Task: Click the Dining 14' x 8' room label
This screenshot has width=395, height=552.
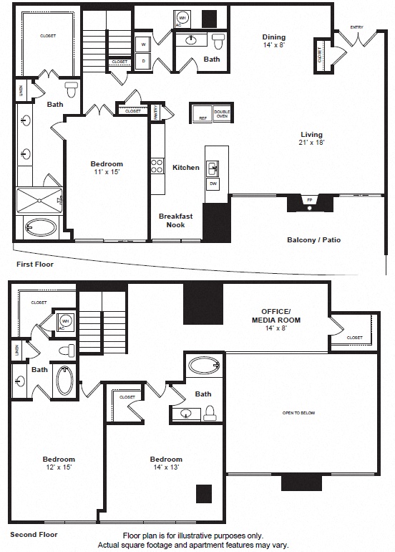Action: point(273,41)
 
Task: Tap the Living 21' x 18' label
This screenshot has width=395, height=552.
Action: point(311,138)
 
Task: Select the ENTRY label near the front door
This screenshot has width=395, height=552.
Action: point(356,27)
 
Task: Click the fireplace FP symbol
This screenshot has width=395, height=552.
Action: point(310,200)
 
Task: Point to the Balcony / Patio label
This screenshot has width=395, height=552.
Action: point(313,240)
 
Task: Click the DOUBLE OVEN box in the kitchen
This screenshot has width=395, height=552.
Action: point(222,114)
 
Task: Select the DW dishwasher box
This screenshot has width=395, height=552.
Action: point(213,184)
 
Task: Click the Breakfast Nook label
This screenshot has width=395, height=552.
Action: point(172,220)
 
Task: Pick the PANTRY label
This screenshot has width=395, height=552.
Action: point(155,110)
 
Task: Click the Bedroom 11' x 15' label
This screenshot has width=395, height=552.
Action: point(107,168)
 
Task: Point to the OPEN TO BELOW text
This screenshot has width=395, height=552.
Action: point(298,413)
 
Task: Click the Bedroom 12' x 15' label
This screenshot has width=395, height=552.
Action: point(59,463)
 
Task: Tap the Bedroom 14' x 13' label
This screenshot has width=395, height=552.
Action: point(166,463)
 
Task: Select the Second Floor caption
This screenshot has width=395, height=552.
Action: point(34,535)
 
